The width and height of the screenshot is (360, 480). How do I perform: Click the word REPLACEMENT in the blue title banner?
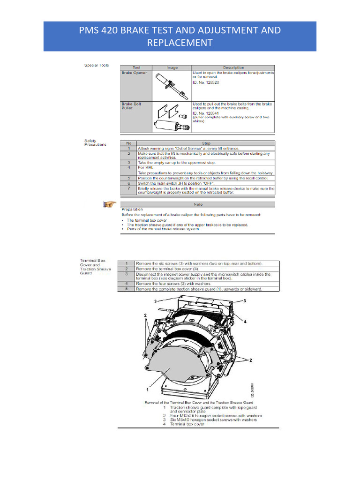pyautogui.click(x=180, y=43)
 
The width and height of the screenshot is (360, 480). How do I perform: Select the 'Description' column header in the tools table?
pyautogui.click(x=233, y=67)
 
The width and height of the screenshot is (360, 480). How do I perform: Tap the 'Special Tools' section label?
pyautogui.click(x=97, y=65)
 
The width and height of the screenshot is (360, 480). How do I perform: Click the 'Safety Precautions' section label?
pyautogui.click(x=95, y=142)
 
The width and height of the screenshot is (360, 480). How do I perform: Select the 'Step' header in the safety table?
pyautogui.click(x=206, y=143)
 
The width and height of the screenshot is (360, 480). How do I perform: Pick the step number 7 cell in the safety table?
pyautogui.click(x=128, y=188)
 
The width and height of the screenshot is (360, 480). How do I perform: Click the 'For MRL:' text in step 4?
pyautogui.click(x=143, y=167)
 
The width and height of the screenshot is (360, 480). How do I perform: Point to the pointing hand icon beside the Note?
pyautogui.click(x=110, y=203)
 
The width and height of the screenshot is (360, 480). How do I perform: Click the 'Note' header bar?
pyautogui.click(x=198, y=204)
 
